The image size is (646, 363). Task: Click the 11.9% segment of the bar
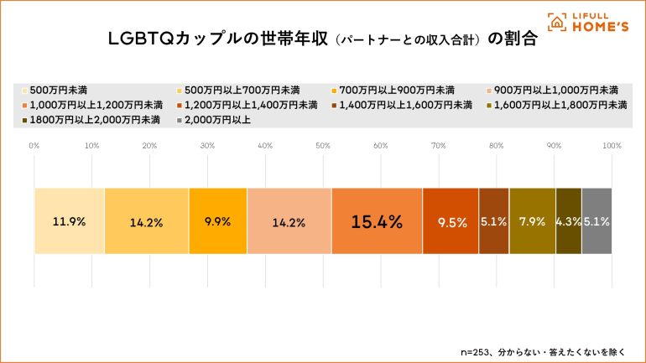click(69, 221)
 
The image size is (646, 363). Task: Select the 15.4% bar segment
click(377, 221)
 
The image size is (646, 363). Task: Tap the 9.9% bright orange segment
click(217, 221)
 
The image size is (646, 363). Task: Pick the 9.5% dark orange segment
click(451, 221)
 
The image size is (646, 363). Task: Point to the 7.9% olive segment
click(532, 221)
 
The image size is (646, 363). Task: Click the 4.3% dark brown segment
click(568, 221)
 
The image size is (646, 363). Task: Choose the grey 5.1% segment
click(597, 221)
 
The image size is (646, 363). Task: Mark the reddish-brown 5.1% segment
click(493, 221)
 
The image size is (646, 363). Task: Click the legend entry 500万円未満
click(58, 90)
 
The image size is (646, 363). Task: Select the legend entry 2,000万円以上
click(216, 120)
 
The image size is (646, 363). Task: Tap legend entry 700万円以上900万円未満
click(394, 90)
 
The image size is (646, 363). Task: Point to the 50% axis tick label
click(323, 146)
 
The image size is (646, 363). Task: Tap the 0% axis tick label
click(34, 146)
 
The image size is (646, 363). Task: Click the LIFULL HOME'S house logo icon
click(556, 22)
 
